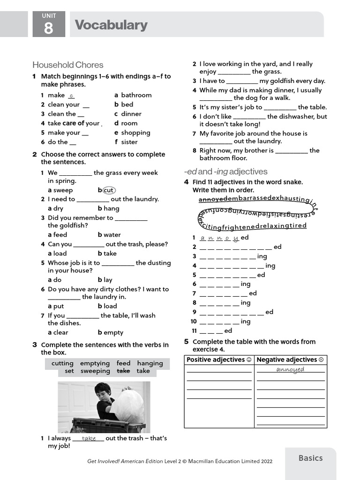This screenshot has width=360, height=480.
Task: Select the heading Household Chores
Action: point(68,65)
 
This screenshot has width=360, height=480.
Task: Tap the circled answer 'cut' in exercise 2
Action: point(108,190)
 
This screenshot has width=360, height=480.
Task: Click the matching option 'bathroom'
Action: point(136,95)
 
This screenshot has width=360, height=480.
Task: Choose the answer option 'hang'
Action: point(111,209)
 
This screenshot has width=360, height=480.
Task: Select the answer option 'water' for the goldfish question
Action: point(112,235)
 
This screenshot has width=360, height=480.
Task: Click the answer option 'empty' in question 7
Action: point(113,332)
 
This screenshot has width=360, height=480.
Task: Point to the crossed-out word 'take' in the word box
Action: point(123,371)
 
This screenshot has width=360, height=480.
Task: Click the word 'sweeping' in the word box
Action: point(95,371)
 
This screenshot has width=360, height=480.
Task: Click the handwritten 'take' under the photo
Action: point(89,439)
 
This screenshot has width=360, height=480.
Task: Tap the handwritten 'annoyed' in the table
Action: point(290,369)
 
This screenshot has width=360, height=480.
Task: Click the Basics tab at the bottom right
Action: point(310,458)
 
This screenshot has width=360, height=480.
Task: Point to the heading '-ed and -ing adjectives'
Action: point(225,172)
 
